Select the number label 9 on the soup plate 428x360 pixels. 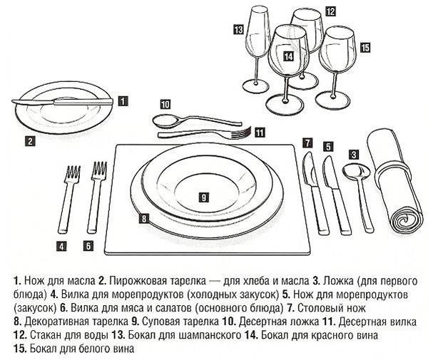pyautogui.click(x=203, y=195)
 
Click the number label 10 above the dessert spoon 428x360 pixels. pyautogui.click(x=165, y=103)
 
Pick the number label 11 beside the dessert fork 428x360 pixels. pyautogui.click(x=260, y=131)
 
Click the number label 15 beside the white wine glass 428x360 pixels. pyautogui.click(x=365, y=48)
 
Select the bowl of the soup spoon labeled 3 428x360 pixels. pyautogui.click(x=354, y=171)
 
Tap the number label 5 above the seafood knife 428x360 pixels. pyautogui.click(x=327, y=146)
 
